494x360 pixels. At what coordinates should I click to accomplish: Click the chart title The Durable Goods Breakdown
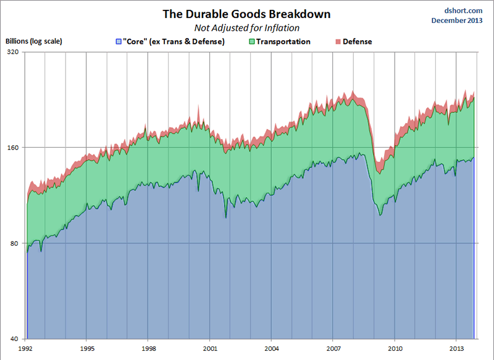point(246,14)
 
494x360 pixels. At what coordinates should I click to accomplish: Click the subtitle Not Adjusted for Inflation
point(247,28)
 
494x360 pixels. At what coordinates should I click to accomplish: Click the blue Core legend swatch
point(119,42)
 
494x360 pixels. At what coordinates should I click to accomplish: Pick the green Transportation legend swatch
point(253,42)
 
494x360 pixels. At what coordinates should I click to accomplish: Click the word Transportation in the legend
point(284,42)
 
